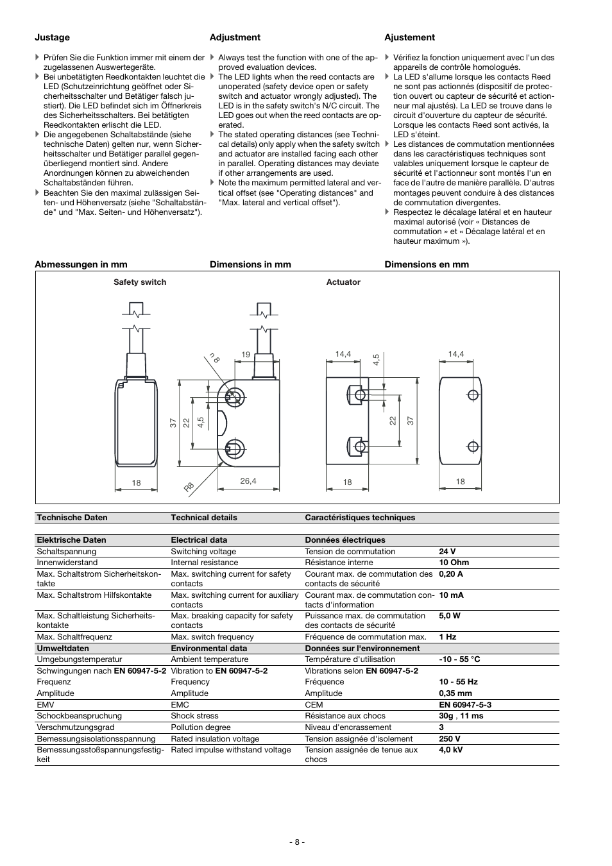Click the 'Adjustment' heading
point(235,37)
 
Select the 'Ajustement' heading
point(409,37)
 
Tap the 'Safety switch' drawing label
point(140,282)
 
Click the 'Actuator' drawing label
point(343,282)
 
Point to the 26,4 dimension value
point(248,481)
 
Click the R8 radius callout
point(189,487)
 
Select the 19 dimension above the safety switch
point(246,355)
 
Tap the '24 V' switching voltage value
point(448,552)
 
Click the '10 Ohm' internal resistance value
point(454,563)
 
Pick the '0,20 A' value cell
point(450,574)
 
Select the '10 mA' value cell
point(451,595)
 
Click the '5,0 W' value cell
point(450,616)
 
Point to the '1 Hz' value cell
point(448,637)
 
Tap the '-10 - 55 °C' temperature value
point(459,659)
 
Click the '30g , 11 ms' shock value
point(461,716)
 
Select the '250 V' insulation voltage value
point(450,739)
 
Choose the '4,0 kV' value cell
point(450,750)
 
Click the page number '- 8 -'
point(296,842)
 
